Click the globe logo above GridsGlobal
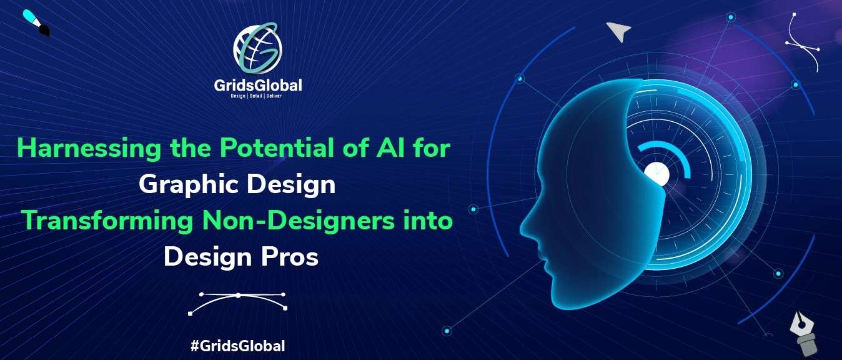tap(257, 47)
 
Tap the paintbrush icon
tap(36, 23)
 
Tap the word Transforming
tap(107, 222)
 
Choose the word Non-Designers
tap(299, 221)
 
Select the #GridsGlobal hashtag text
tap(238, 346)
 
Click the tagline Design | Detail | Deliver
tap(256, 96)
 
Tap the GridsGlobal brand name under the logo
tap(258, 86)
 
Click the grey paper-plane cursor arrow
tap(618, 31)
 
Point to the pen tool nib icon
tap(803, 334)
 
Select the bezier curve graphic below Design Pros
tap(237, 303)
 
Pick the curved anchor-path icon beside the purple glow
tap(803, 42)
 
